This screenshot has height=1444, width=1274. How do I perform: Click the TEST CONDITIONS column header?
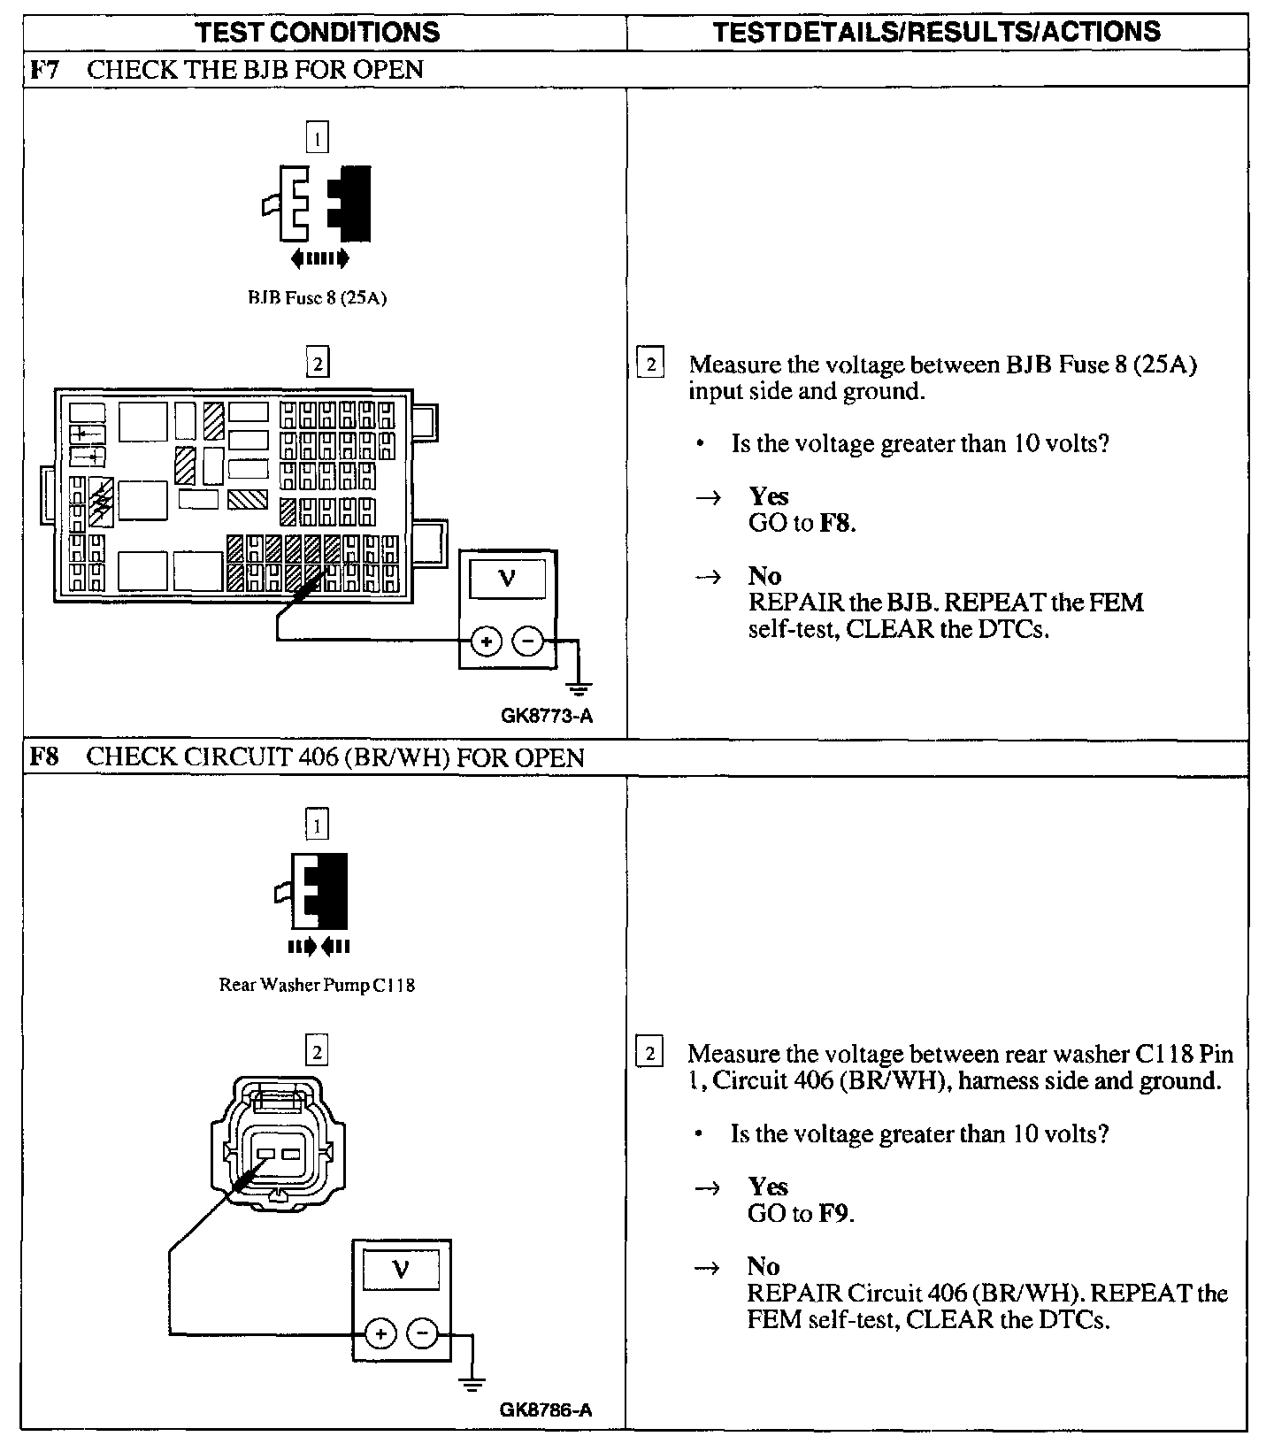pos(317,33)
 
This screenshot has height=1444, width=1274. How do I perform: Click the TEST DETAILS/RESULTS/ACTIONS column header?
pos(937,32)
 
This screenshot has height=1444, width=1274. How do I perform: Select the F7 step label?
pos(44,70)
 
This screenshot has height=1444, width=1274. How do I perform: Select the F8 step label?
pos(44,758)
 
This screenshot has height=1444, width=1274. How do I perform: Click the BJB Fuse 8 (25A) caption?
pos(317,298)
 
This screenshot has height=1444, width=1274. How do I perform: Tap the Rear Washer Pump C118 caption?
pos(317,985)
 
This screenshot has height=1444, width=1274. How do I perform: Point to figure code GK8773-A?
pos(546,717)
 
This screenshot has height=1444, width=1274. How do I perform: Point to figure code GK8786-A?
pos(545,1410)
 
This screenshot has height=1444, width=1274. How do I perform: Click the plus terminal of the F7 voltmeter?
pos(486,641)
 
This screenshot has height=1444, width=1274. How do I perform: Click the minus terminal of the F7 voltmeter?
pos(528,641)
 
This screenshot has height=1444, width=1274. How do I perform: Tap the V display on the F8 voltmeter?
pos(402,1271)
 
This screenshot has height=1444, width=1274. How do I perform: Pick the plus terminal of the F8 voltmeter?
pos(380,1333)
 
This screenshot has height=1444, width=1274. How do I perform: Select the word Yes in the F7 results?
pos(768,496)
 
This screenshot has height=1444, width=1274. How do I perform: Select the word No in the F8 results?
pos(763,1266)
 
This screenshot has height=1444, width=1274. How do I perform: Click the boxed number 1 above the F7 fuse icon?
pos(316,138)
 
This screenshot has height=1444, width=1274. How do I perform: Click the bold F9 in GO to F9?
pos(833,1213)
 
